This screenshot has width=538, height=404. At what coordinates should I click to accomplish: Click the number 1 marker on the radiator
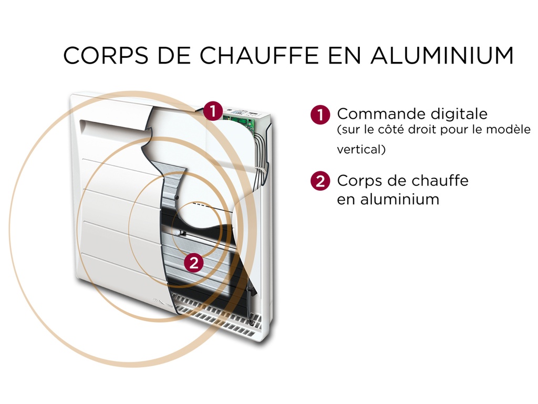tap(212, 111)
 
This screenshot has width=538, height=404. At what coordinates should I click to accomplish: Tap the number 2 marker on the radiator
tap(194, 262)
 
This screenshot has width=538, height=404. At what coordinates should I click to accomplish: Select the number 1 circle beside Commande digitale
tap(320, 115)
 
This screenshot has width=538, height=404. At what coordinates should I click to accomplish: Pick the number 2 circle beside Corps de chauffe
tap(320, 181)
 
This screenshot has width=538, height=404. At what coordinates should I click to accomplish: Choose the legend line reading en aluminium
tap(388, 199)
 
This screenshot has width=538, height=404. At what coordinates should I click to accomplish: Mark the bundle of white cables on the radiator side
tap(261, 152)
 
